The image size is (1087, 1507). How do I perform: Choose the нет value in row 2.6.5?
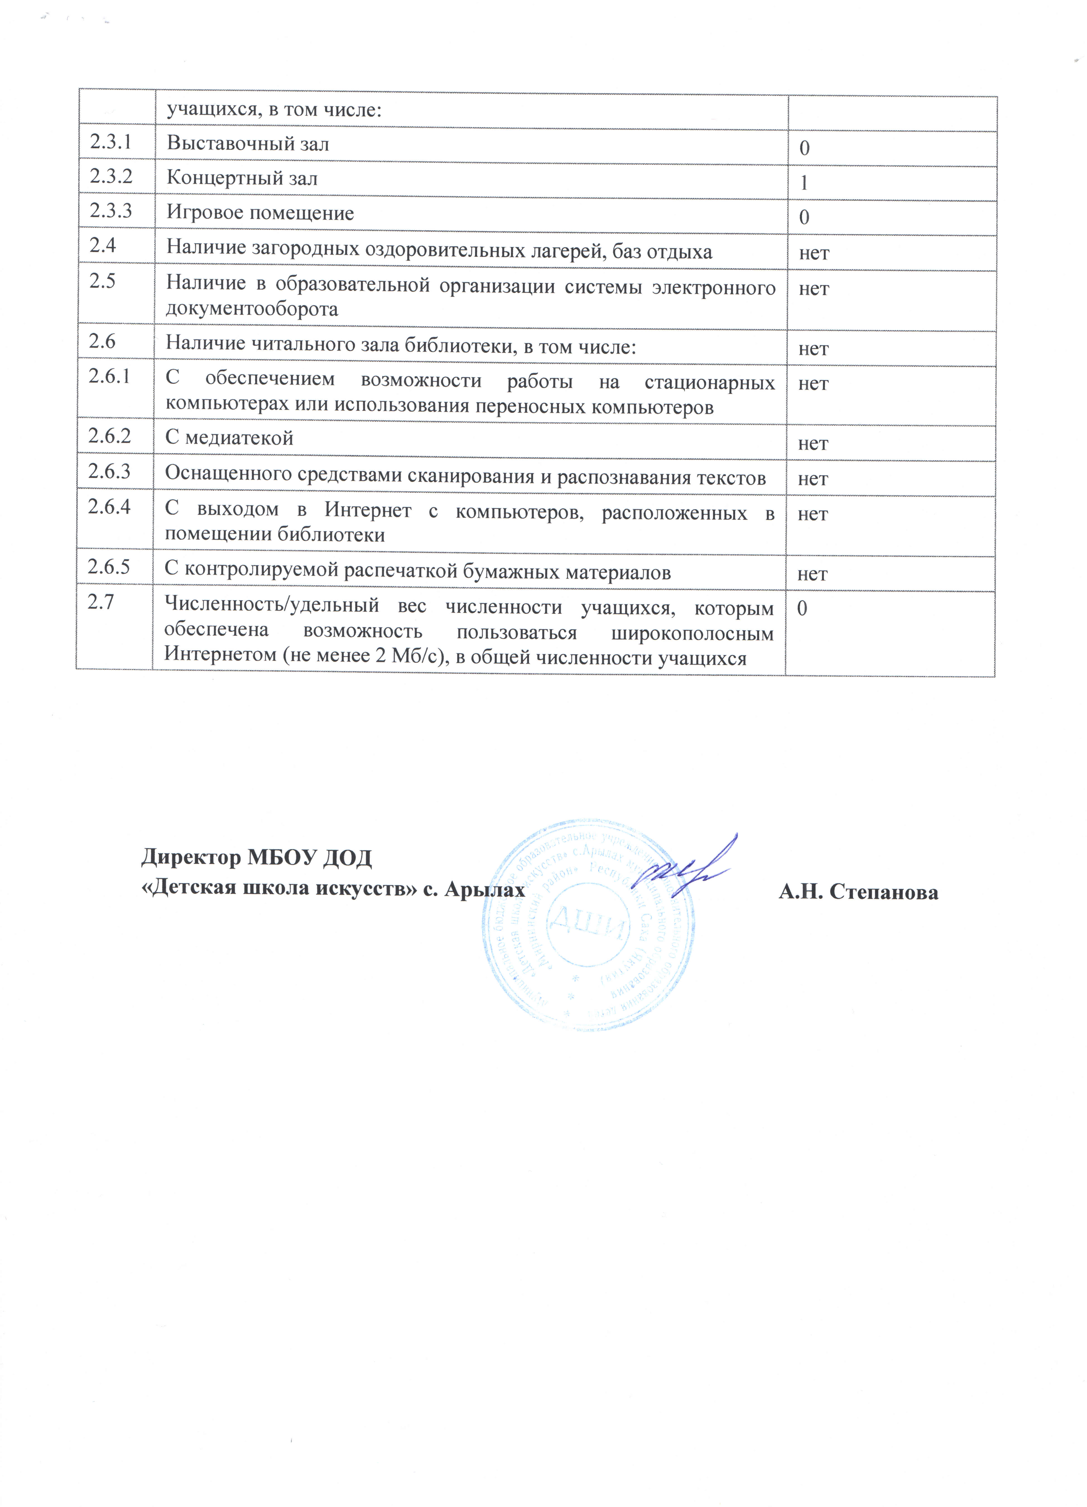click(812, 573)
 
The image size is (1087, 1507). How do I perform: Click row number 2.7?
click(102, 602)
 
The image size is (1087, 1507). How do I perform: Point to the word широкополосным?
click(692, 633)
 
